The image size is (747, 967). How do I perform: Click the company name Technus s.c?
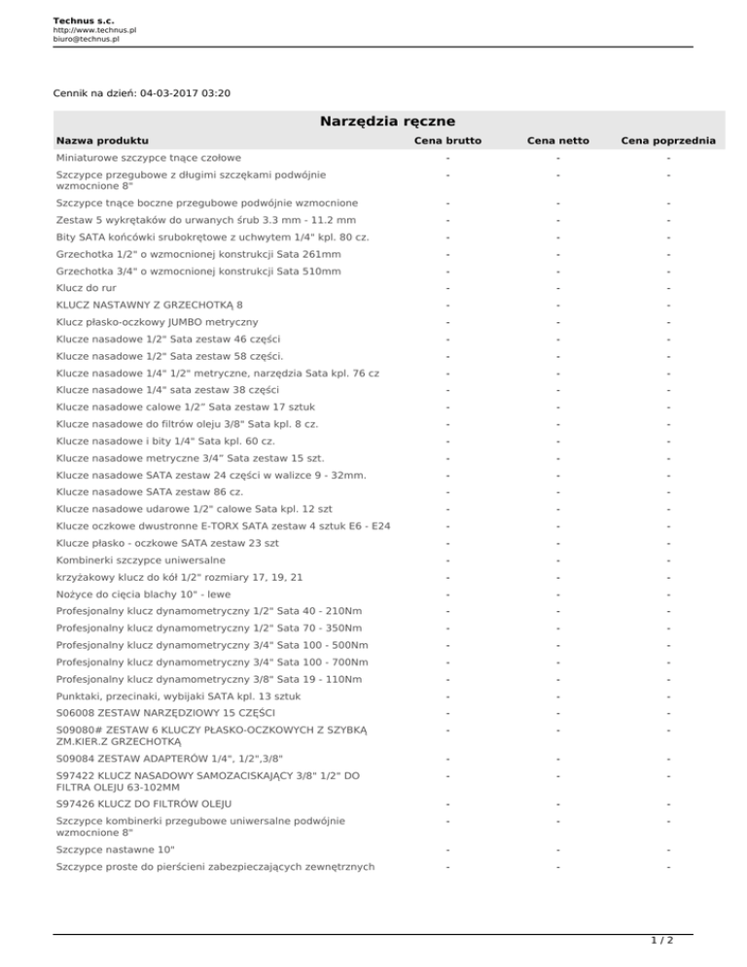[82, 19]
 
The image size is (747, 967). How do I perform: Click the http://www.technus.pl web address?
[94, 30]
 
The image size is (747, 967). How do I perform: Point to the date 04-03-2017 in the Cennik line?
[172, 93]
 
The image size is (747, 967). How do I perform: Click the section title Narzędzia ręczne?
[388, 122]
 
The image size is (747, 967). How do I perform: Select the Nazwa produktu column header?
[102, 142]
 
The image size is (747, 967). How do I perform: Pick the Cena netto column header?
[558, 142]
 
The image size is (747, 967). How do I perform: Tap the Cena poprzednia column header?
[668, 142]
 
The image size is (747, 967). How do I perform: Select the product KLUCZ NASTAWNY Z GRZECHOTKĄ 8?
[150, 304]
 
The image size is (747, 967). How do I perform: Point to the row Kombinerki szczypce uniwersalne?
[141, 560]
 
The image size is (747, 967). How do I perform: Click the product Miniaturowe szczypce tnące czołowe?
[149, 158]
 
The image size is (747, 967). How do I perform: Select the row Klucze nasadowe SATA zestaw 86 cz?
[150, 493]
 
